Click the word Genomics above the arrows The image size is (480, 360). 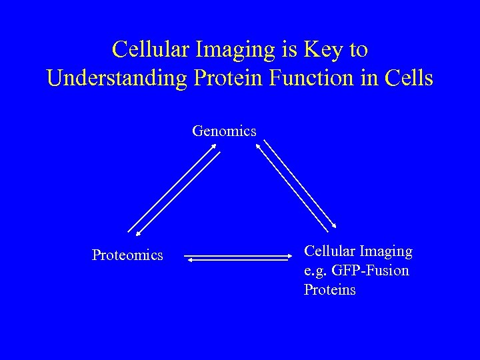click(x=224, y=131)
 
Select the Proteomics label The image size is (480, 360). click(x=127, y=255)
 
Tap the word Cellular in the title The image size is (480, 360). click(x=148, y=49)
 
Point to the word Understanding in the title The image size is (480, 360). click(x=117, y=78)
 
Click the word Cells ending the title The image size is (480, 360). click(x=409, y=78)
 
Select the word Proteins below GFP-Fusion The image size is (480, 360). click(x=330, y=290)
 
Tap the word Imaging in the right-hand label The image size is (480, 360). click(x=387, y=251)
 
